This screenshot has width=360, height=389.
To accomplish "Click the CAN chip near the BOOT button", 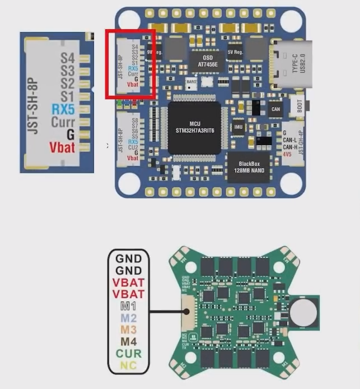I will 275,109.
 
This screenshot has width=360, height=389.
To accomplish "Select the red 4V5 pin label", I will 287,153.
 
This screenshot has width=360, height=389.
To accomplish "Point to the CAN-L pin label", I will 289,140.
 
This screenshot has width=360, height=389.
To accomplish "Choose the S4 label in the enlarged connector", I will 67,58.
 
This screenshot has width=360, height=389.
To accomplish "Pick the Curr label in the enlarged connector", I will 63,122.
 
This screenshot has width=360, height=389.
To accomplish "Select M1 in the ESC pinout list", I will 129,305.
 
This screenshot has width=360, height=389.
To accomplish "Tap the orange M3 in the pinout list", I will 129,329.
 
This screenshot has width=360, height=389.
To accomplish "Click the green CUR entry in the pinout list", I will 129,354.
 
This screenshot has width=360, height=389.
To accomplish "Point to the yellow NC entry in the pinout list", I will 129,366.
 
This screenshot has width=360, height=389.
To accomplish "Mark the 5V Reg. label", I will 234,52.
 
